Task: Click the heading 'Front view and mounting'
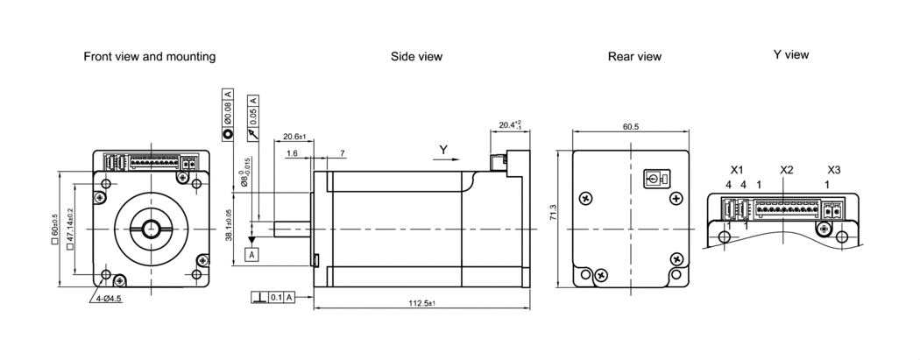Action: tap(149, 56)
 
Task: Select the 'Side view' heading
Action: tap(416, 56)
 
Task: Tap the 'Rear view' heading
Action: tap(634, 56)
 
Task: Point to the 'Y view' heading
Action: tap(790, 54)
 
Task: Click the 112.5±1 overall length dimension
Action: tap(421, 303)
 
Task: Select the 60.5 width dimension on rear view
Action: tap(631, 126)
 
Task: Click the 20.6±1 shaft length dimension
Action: tap(294, 137)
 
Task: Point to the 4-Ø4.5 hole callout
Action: tap(106, 299)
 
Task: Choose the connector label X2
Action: tap(786, 169)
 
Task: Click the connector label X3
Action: tap(834, 169)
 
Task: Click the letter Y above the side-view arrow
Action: tap(443, 150)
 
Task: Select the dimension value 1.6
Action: tap(291, 153)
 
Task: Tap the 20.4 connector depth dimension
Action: tap(508, 125)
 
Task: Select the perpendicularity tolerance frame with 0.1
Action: tap(272, 298)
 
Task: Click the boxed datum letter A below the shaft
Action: tap(251, 254)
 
